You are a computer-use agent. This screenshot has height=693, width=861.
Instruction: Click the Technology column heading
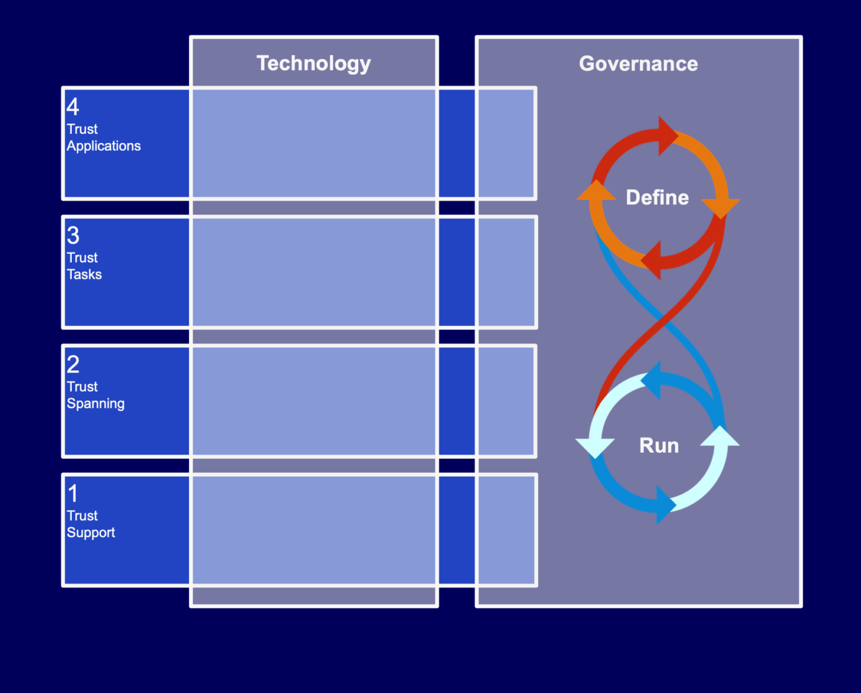(x=313, y=64)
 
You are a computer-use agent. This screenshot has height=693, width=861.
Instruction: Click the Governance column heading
(x=638, y=64)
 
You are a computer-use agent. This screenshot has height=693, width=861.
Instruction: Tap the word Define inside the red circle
(x=657, y=198)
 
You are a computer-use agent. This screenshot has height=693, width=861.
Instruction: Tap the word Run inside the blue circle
(x=659, y=446)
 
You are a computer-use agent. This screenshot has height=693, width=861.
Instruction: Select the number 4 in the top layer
(x=73, y=106)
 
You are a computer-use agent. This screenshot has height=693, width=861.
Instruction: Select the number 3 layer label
(x=73, y=235)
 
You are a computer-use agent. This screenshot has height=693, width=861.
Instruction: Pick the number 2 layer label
(x=73, y=364)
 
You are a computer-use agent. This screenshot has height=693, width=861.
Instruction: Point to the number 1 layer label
(x=73, y=494)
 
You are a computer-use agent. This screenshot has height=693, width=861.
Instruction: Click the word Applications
(x=104, y=146)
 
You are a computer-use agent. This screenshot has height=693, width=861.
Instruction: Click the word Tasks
(x=84, y=275)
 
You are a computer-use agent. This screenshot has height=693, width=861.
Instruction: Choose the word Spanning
(x=95, y=403)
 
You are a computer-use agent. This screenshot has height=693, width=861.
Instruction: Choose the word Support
(x=91, y=532)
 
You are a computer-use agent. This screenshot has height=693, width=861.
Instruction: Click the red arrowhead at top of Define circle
(x=667, y=136)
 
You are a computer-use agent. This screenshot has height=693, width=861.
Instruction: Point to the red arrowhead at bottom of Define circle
(x=652, y=261)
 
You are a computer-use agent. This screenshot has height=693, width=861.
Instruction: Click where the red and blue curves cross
(x=663, y=320)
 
